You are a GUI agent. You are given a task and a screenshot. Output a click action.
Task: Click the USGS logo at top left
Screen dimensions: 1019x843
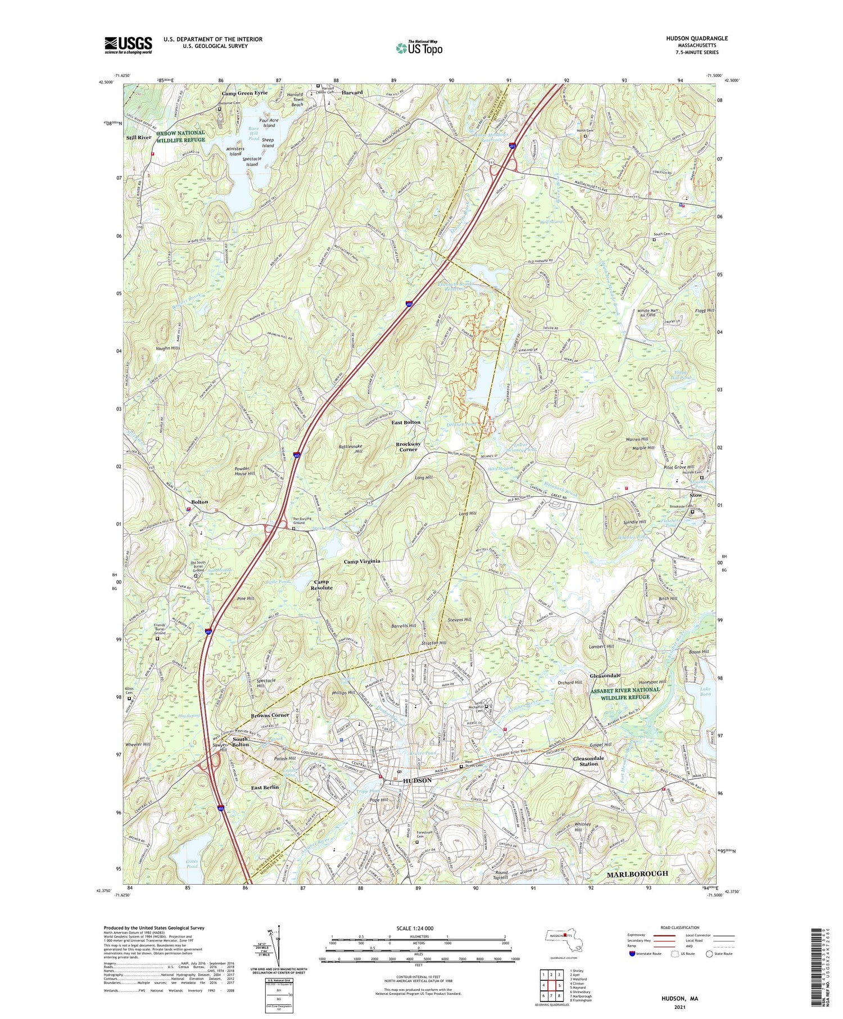pos(128,45)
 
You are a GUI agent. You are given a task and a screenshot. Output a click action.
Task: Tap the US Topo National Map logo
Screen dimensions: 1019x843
pos(419,48)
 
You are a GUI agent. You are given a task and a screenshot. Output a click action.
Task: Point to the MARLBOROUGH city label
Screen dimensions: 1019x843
pos(637,873)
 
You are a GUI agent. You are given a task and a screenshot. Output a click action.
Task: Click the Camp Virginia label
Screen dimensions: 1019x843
pos(362,561)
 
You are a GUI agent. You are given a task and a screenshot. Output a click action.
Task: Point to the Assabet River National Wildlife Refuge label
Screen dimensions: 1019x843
pos(625,693)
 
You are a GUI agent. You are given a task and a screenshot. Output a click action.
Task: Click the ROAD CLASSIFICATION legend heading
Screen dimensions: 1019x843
pos(672,927)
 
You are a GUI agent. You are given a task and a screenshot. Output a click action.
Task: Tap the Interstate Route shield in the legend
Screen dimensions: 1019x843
pos(632,953)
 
